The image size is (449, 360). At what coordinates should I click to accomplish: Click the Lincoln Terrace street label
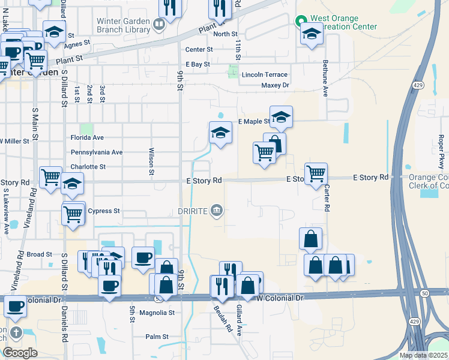265,75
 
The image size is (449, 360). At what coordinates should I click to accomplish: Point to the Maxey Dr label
276,86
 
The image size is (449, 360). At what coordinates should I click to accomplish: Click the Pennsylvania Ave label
97,152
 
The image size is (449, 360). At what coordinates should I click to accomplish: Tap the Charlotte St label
88,167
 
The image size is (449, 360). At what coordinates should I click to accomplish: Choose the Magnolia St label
156,313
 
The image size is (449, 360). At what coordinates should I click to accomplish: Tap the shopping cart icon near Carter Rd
316,174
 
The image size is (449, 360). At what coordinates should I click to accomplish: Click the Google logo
20,353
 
